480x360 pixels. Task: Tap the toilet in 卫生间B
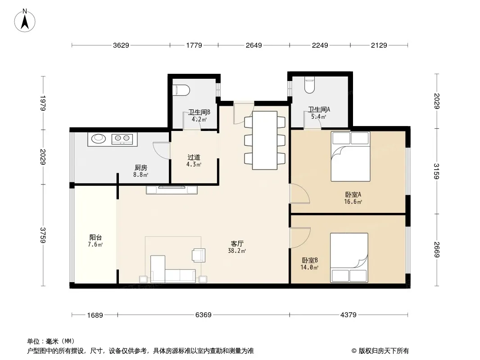(x=182, y=90)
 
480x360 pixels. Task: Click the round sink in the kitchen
(x=98, y=139)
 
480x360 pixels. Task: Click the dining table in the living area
(x=265, y=140)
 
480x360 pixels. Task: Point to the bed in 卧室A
(x=350, y=156)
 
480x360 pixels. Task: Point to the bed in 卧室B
(x=349, y=257)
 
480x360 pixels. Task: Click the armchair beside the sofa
(x=198, y=255)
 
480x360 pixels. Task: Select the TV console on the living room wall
(x=172, y=190)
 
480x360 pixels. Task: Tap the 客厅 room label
(x=237, y=243)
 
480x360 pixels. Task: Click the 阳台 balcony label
(x=95, y=237)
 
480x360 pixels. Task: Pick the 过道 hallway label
(x=194, y=157)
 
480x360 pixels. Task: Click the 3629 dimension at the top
(x=121, y=45)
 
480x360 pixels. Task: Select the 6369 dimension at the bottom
(x=203, y=315)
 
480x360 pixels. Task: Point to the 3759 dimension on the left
(x=43, y=235)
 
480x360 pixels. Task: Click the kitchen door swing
(x=161, y=150)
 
